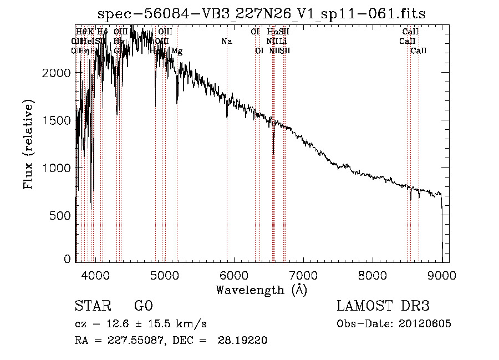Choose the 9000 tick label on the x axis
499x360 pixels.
[442, 274]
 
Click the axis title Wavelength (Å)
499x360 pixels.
[261, 289]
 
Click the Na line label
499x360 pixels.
[226, 41]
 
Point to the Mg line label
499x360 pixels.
[177, 51]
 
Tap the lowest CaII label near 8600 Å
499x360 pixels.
[419, 51]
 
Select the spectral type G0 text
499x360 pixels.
[143, 306]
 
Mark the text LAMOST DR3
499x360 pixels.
[383, 306]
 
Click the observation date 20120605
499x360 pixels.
[424, 324]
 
